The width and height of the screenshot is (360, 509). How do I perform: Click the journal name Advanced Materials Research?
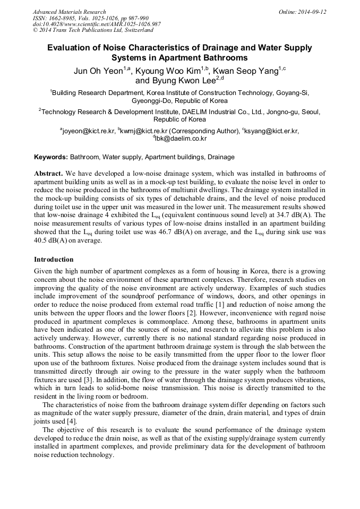tap(69, 12)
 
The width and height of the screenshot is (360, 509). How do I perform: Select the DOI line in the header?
tap(97, 24)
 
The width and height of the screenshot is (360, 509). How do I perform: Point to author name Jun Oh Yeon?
tap(98, 71)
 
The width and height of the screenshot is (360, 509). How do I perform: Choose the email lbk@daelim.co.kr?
tap(182, 139)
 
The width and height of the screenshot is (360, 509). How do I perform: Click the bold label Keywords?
tap(51, 158)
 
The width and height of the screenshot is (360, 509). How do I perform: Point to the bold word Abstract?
tap(48, 174)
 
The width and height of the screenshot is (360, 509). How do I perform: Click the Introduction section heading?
tap(54, 260)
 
